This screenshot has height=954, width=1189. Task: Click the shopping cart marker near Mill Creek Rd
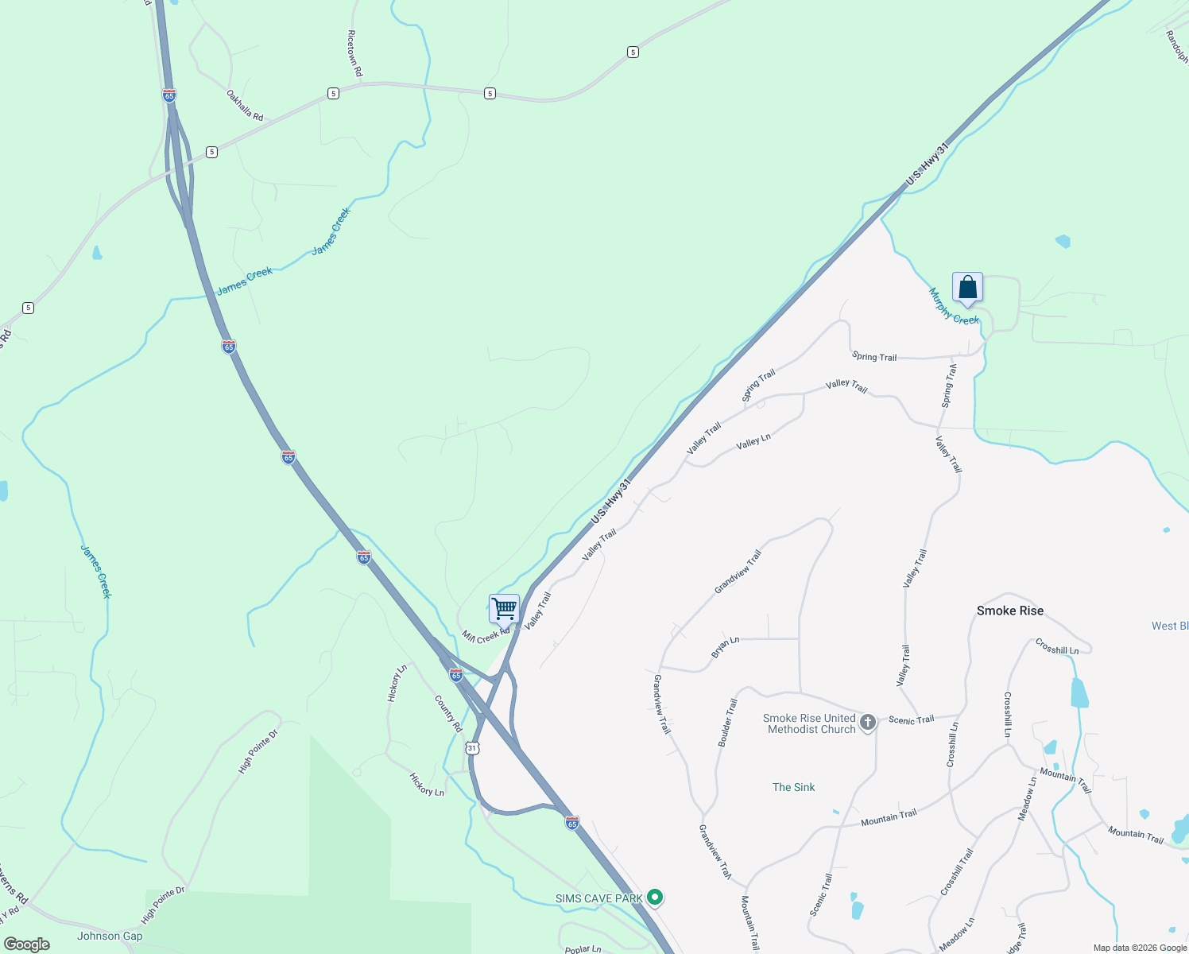tap(504, 609)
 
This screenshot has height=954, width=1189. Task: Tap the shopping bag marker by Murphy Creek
tap(967, 287)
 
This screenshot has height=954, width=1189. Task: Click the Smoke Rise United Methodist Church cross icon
tap(868, 722)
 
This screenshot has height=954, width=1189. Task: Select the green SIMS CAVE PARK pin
tap(655, 898)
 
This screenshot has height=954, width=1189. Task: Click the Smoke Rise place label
tap(1010, 611)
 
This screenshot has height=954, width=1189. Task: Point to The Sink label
tap(793, 787)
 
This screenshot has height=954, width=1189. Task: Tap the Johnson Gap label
tap(110, 936)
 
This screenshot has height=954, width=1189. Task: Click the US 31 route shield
tap(473, 748)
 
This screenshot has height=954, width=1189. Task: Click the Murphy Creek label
tap(955, 307)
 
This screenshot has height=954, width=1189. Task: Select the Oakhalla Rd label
tap(245, 105)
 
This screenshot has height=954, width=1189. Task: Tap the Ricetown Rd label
tap(354, 53)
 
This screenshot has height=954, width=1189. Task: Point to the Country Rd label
tap(448, 713)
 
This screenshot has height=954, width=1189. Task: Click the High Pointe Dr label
tap(258, 751)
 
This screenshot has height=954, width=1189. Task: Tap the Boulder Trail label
tap(727, 723)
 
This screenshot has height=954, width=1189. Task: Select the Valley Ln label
tap(753, 441)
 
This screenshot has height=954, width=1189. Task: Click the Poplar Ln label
tap(583, 949)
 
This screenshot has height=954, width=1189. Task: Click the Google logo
tap(26, 944)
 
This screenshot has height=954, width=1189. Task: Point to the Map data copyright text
tap(1140, 948)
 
